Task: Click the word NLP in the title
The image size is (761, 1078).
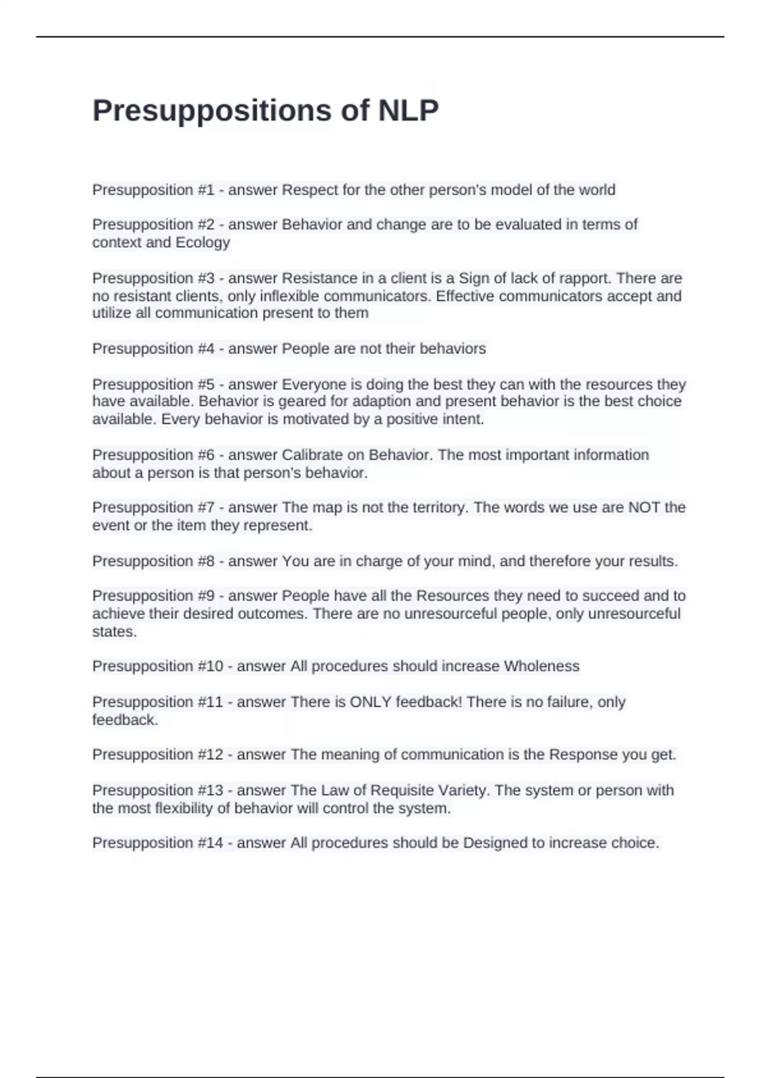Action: pyautogui.click(x=408, y=110)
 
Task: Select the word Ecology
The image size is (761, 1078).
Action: pyautogui.click(x=202, y=242)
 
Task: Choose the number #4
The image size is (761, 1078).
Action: pyautogui.click(x=206, y=349)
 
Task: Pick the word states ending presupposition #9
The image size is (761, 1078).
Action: pyautogui.click(x=114, y=632)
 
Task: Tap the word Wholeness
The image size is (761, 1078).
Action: pyautogui.click(x=542, y=666)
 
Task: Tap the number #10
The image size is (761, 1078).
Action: pyautogui.click(x=210, y=666)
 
